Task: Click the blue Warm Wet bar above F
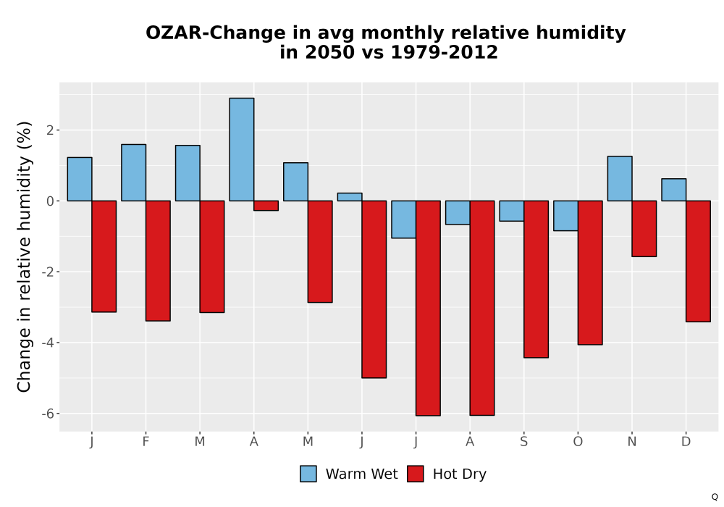tap(133, 172)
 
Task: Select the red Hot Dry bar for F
tap(158, 261)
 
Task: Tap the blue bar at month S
tap(512, 211)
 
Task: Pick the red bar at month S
tap(536, 280)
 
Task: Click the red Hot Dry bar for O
tap(590, 273)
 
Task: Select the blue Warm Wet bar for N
tap(620, 179)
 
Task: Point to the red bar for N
tap(644, 229)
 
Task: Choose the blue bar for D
tap(673, 190)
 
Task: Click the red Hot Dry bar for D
tap(698, 261)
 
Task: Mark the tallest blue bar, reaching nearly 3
tap(242, 150)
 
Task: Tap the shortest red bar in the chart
tap(266, 206)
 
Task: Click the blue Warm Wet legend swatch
tap(308, 474)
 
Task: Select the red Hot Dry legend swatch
tap(416, 474)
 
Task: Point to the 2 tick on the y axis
tap(50, 130)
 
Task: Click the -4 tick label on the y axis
tap(48, 343)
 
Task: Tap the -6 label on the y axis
tap(48, 414)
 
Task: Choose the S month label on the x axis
tap(523, 442)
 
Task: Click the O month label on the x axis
tap(578, 442)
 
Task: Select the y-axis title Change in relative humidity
tap(24, 256)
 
